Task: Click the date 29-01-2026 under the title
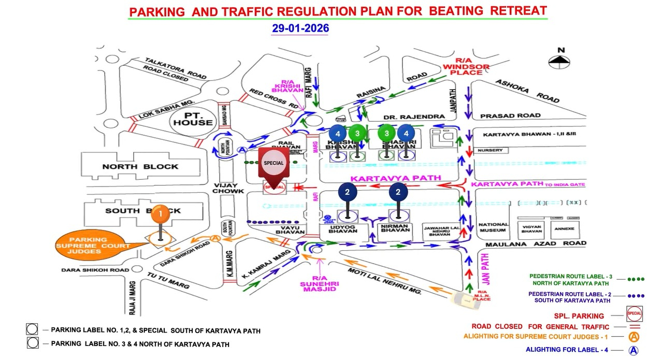[300, 28]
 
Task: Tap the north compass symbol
[560, 60]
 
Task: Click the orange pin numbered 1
[161, 213]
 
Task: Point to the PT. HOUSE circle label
[193, 118]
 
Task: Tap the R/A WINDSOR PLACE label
[462, 67]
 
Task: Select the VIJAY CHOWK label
[228, 188]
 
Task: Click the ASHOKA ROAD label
[527, 91]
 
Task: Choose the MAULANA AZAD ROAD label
[536, 243]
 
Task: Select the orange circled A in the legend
[633, 337]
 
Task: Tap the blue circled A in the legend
[633, 350]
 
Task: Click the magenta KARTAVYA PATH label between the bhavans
[396, 178]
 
